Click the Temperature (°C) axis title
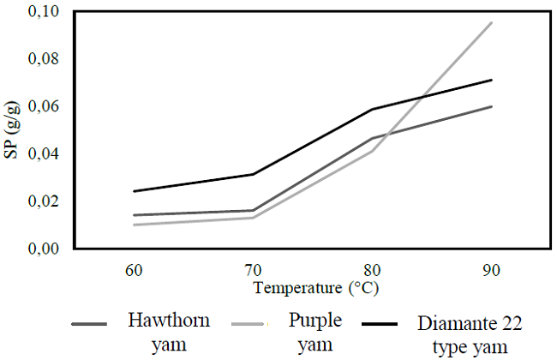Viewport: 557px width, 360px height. (x=314, y=287)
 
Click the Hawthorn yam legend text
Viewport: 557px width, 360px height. (x=164, y=333)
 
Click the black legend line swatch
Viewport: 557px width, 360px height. (x=380, y=325)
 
